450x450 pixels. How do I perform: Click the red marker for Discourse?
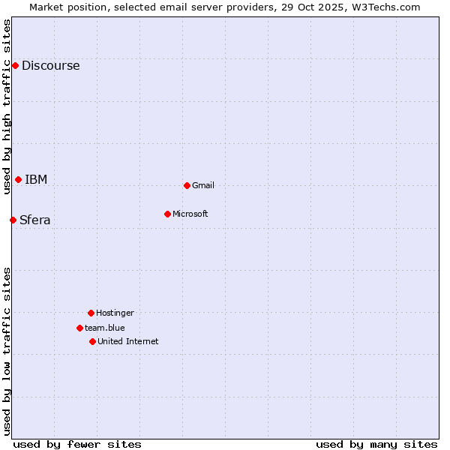(15, 65)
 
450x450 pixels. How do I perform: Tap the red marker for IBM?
(18, 179)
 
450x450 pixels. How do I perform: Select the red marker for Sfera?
(13, 220)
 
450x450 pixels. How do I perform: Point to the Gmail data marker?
(187, 185)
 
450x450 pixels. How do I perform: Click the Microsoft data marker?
(167, 214)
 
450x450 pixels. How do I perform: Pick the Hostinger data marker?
(91, 313)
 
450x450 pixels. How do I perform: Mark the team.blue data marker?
(79, 328)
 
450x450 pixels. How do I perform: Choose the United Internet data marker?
(92, 341)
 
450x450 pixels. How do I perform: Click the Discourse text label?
(50, 65)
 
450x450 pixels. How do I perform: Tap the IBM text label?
(36, 179)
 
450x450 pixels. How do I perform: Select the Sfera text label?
(34, 220)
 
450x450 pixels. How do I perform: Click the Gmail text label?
(203, 185)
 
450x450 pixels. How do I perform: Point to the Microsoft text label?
(190, 214)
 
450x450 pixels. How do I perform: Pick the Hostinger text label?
(115, 313)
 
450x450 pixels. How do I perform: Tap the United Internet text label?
(128, 341)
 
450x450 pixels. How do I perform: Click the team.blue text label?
(105, 328)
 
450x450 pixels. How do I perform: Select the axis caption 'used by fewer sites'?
(77, 444)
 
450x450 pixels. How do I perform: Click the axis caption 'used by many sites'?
(376, 444)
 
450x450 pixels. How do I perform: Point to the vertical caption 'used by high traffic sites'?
(7, 106)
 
